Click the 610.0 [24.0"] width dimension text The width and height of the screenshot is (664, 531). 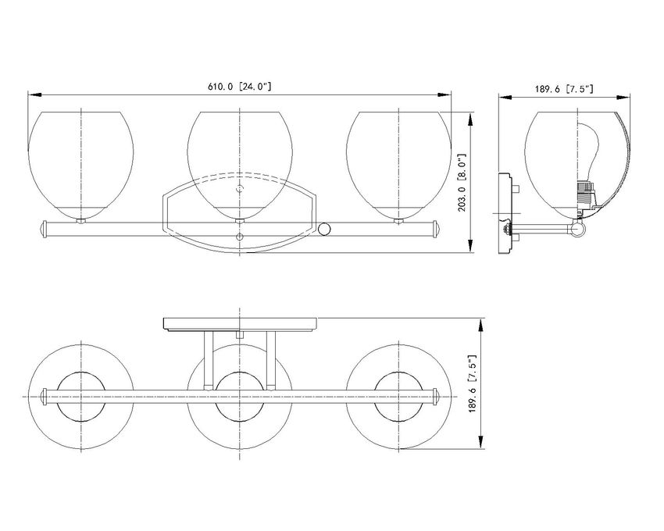239,87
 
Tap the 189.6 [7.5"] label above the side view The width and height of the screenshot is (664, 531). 564,89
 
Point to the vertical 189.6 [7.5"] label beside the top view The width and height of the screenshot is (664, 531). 473,383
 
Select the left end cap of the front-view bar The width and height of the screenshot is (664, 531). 43,229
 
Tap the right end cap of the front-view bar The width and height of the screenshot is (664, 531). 437,229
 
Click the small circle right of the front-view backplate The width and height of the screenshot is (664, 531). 324,229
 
